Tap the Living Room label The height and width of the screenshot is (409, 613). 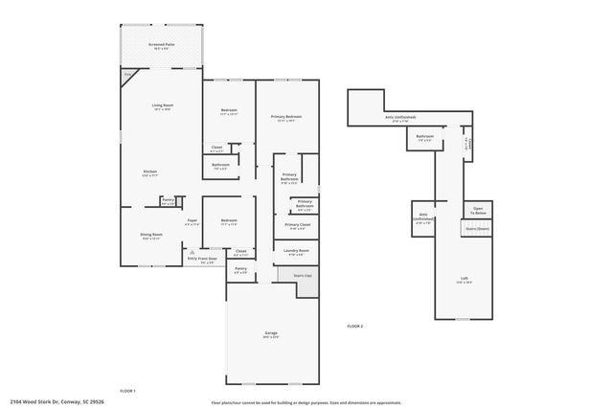coord(160,107)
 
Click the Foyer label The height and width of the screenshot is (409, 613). coord(192,222)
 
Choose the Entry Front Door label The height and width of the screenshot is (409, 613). coord(201,259)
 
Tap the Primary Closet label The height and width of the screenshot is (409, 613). coord(297,226)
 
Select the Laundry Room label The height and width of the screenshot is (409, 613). coord(295,253)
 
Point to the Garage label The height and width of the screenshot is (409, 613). coord(271,334)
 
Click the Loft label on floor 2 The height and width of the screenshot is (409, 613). coord(465,281)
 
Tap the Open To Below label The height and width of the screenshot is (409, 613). coord(478,212)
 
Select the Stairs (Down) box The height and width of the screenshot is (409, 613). coord(477,230)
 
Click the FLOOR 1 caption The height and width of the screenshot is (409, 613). coord(127,391)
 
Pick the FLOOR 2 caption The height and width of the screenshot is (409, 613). coord(354,327)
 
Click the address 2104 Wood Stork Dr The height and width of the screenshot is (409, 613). coord(57,402)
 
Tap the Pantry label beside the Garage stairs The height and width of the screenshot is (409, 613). coord(240,271)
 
